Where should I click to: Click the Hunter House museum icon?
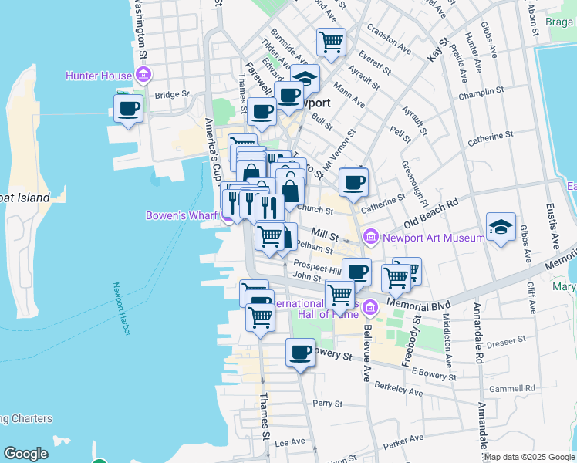pyautogui.click(x=143, y=75)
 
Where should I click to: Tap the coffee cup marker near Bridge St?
pyautogui.click(x=129, y=108)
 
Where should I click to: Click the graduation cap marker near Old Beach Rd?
pyautogui.click(x=501, y=227)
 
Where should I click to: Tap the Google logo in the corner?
pyautogui.click(x=25, y=454)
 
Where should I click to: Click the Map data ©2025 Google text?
pyautogui.click(x=529, y=457)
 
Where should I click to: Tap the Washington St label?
pyautogui.click(x=140, y=29)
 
